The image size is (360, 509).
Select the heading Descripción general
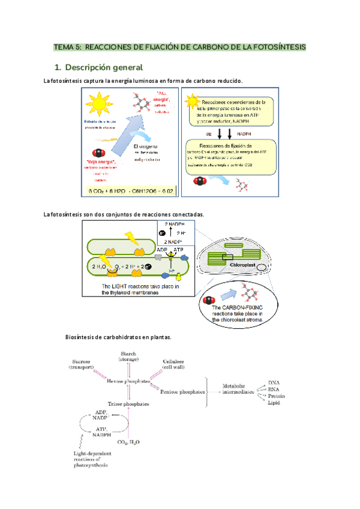click(104, 67)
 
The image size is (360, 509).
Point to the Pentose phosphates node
click(182, 391)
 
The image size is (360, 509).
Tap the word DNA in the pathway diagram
click(274, 382)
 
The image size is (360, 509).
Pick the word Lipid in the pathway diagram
click(274, 402)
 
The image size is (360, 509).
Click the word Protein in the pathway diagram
click(275, 396)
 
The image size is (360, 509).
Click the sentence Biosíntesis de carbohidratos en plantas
click(119, 337)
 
